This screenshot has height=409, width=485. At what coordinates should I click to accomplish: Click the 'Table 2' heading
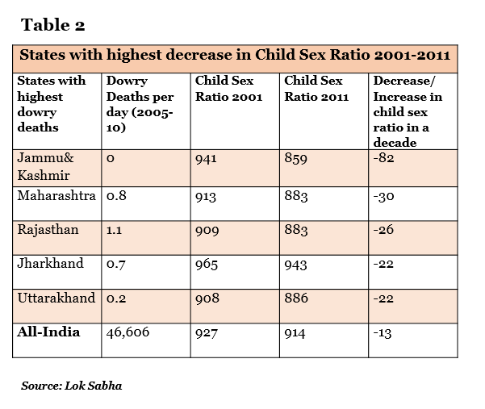[52, 24]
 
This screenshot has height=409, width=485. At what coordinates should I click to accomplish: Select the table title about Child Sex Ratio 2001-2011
[234, 57]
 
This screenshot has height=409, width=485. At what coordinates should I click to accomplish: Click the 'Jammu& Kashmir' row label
[44, 166]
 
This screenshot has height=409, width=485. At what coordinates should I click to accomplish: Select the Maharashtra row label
[56, 196]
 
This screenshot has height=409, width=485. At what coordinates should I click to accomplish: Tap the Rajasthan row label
[48, 230]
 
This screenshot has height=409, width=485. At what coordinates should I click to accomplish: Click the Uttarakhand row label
[56, 298]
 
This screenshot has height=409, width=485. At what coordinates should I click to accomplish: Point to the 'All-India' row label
[48, 332]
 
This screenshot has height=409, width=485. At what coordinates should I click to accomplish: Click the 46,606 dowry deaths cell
[128, 332]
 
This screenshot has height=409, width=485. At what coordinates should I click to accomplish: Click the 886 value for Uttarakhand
[296, 298]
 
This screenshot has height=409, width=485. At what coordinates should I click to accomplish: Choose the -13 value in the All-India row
[383, 332]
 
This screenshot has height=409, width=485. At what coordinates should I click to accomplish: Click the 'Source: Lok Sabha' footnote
[72, 386]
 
